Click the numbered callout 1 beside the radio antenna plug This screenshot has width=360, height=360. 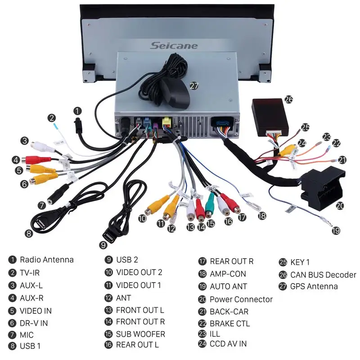click(78, 110)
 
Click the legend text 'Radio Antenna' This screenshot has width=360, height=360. click(46, 260)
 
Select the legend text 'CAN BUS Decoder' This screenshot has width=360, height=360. click(323, 274)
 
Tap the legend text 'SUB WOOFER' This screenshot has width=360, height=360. click(140, 334)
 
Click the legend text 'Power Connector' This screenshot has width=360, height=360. click(241, 299)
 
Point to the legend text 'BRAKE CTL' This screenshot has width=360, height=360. click(229, 324)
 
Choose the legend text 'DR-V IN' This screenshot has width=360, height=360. click(34, 323)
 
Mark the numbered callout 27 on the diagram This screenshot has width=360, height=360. click(194, 85)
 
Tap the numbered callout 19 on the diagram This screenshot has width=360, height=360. click(336, 230)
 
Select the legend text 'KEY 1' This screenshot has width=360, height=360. click(300, 262)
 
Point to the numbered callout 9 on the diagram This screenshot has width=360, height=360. click(103, 245)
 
